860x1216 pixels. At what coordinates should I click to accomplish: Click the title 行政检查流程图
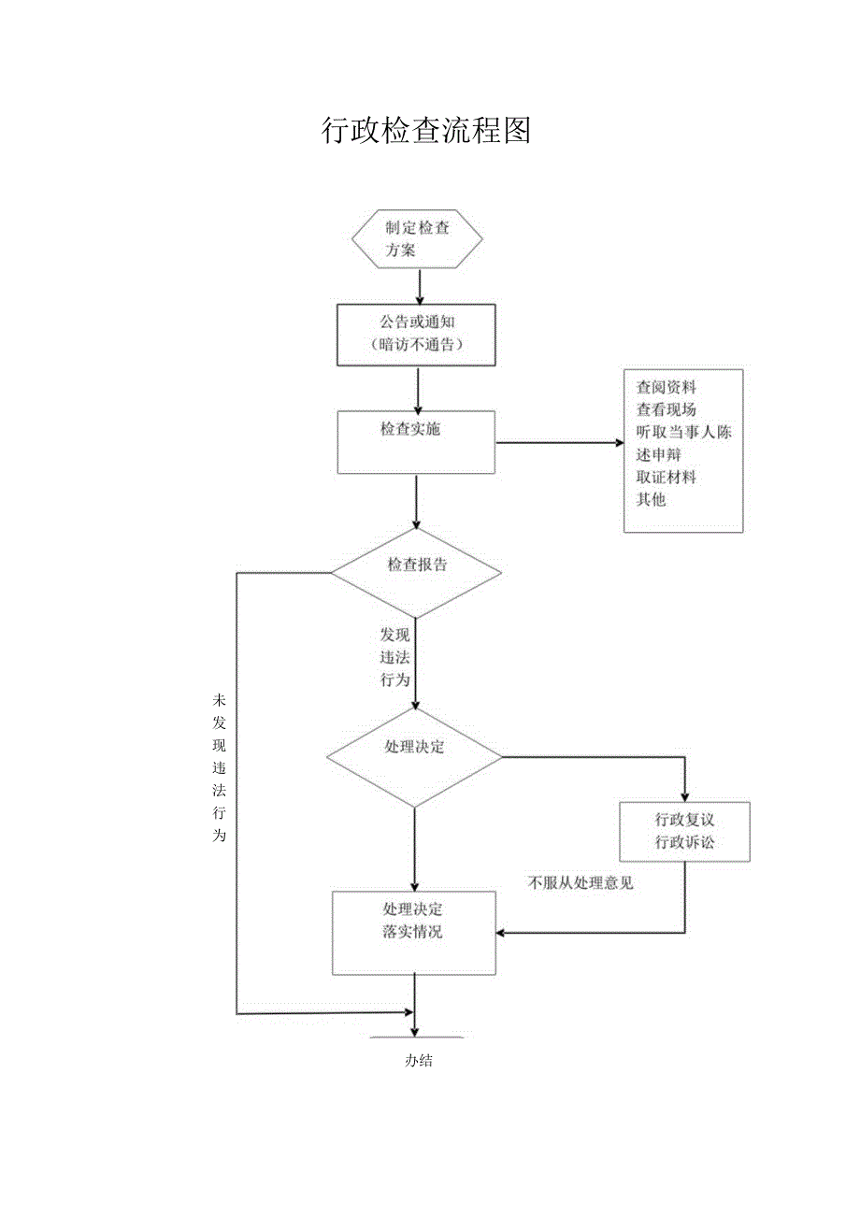point(426,131)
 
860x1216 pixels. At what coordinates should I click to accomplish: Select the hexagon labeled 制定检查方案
point(417,239)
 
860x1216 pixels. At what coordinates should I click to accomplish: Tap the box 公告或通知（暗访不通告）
point(416,334)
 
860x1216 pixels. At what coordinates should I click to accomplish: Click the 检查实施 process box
point(416,442)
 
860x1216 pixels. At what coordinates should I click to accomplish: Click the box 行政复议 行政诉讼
point(684,832)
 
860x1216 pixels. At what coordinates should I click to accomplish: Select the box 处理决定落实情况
point(414,932)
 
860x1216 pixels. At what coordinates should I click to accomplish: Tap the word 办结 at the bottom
point(418,1061)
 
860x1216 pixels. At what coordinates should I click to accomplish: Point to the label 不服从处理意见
point(580,882)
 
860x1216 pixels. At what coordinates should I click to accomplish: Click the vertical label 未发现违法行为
point(220,767)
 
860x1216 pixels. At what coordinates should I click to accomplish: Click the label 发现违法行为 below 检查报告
point(394,658)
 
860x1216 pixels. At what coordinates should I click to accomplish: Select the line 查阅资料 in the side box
point(666,387)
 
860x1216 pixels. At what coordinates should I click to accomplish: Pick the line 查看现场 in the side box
point(666,409)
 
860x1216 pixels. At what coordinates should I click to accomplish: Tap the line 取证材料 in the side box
point(666,477)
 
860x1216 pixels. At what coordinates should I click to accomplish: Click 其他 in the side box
point(651,499)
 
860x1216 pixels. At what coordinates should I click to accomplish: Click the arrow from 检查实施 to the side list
point(561,442)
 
